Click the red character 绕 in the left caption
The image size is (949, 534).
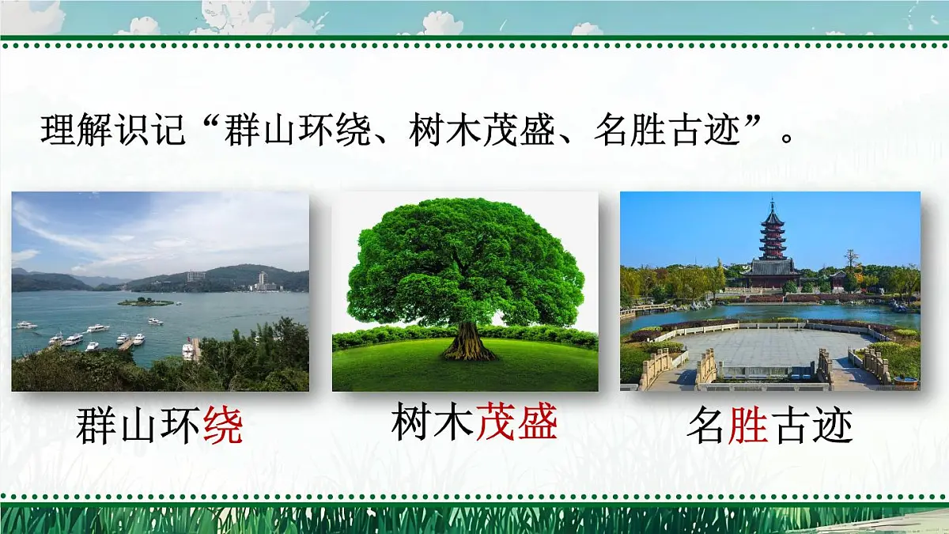click(x=223, y=427)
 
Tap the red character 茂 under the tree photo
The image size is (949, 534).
click(x=496, y=422)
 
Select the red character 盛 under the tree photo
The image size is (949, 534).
click(x=538, y=422)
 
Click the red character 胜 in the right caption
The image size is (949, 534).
click(x=748, y=427)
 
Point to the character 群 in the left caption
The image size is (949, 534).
click(x=96, y=427)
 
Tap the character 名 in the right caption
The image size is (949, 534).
click(x=706, y=427)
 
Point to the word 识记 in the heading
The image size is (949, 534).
click(x=151, y=131)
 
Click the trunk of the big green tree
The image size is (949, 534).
click(x=468, y=342)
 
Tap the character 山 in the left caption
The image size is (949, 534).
click(x=138, y=427)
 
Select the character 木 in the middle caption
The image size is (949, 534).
click(x=454, y=422)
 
